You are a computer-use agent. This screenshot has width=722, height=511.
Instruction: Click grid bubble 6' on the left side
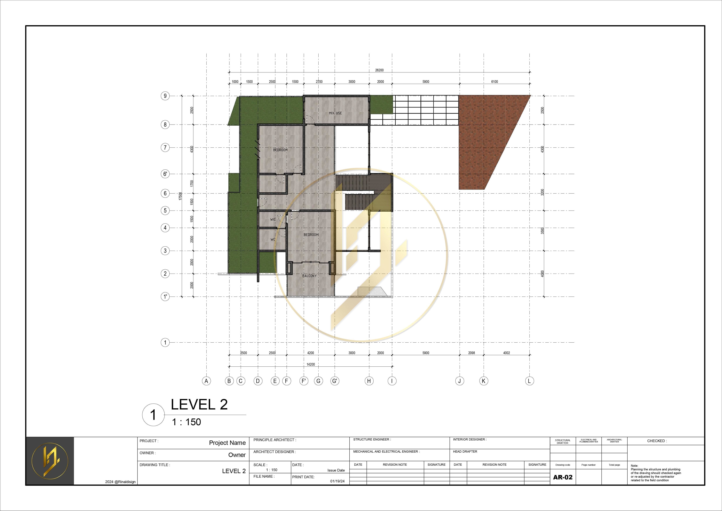[165, 174]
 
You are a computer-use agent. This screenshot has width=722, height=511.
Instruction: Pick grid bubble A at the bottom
[206, 381]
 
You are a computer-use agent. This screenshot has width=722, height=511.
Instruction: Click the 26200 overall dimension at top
[379, 70]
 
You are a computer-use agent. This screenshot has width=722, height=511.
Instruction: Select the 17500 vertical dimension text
[180, 196]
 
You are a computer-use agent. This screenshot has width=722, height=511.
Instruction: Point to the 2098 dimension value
[471, 353]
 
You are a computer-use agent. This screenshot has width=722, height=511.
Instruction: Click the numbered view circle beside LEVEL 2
[153, 415]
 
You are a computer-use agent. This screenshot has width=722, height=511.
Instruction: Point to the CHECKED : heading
[657, 441]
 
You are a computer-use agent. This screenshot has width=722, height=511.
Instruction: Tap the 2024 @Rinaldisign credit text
[120, 482]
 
